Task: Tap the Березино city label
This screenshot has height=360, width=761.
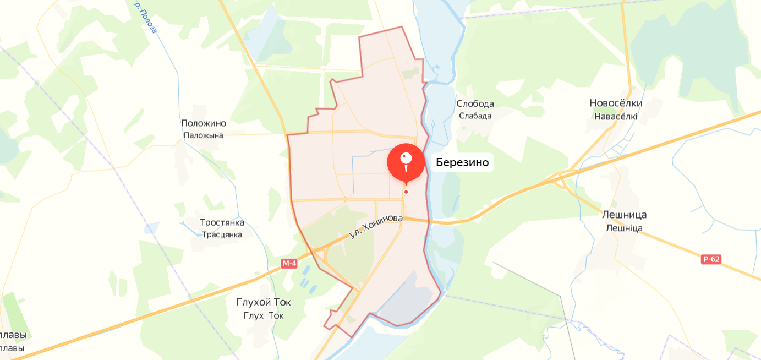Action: tap(462, 162)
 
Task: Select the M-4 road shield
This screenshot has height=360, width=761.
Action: tap(289, 264)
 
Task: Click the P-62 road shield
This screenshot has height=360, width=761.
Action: tap(711, 259)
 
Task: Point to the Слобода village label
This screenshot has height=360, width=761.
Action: tap(475, 103)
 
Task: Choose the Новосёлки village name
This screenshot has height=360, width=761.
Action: tap(616, 103)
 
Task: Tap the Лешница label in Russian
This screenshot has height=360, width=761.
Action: tap(624, 215)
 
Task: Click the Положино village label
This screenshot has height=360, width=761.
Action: tap(204, 123)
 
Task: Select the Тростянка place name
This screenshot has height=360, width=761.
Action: tap(222, 222)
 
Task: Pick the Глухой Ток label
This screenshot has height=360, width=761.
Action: tap(264, 302)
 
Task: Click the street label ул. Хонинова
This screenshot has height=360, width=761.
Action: tap(376, 226)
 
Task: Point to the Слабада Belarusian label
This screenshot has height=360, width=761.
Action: tap(475, 116)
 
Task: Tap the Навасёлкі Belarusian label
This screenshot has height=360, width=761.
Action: tap(616, 116)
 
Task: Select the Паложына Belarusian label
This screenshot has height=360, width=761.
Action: tap(204, 135)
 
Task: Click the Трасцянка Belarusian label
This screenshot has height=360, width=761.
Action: tap(222, 234)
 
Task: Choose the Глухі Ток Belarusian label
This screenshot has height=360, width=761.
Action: tap(264, 315)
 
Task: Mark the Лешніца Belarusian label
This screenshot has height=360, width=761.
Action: tap(624, 228)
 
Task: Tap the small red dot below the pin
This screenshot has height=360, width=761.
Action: tap(406, 192)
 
